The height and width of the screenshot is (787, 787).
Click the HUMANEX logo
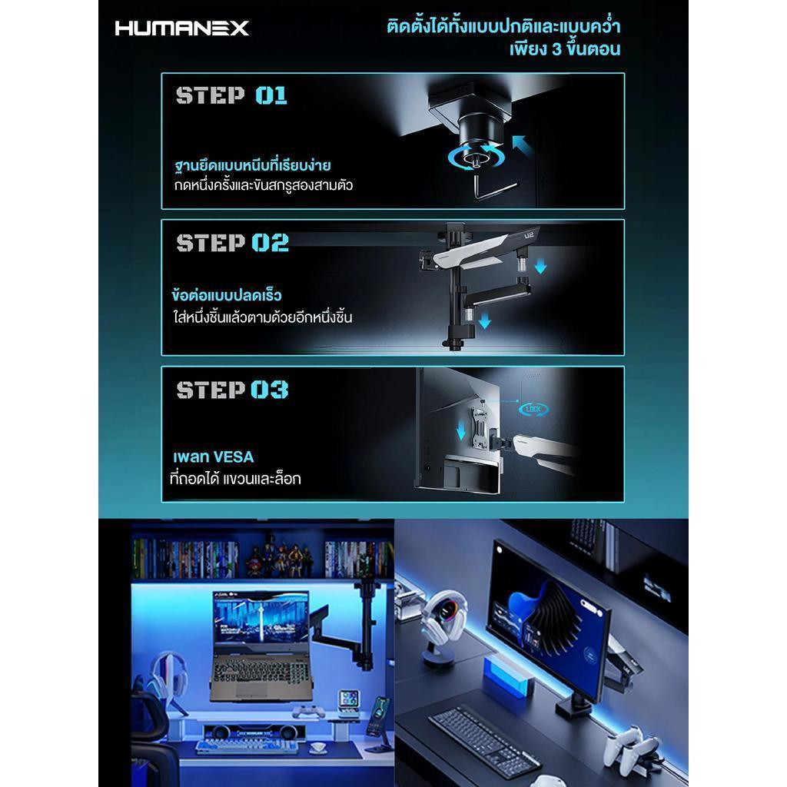pyautogui.click(x=181, y=28)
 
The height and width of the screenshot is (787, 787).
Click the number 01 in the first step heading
pyautogui.click(x=271, y=95)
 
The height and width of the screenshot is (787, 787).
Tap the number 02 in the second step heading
pyautogui.click(x=270, y=242)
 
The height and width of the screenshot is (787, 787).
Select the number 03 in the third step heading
pyautogui.click(x=270, y=390)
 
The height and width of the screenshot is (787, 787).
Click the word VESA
pyautogui.click(x=234, y=457)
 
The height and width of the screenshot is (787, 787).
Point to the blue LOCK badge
pyautogui.click(x=533, y=409)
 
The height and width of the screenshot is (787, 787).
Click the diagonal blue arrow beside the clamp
pyautogui.click(x=523, y=145)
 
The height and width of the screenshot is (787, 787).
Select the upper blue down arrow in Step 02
pyautogui.click(x=540, y=266)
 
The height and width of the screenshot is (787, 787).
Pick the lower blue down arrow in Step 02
pyautogui.click(x=484, y=320)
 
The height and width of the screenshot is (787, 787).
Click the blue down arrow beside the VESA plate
pyautogui.click(x=461, y=430)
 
